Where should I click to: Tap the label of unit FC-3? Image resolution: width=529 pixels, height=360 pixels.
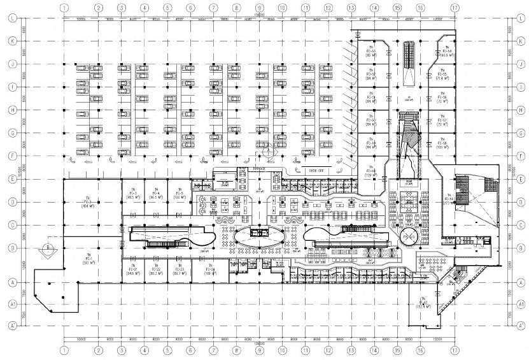[132, 196]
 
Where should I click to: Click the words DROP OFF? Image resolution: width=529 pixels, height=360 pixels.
[316, 171]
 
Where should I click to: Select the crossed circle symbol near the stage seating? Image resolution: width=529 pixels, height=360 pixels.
[408, 237]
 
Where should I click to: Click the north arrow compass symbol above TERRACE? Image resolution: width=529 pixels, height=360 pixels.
[269, 153]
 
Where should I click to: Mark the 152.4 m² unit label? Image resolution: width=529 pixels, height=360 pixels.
[421, 304]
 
